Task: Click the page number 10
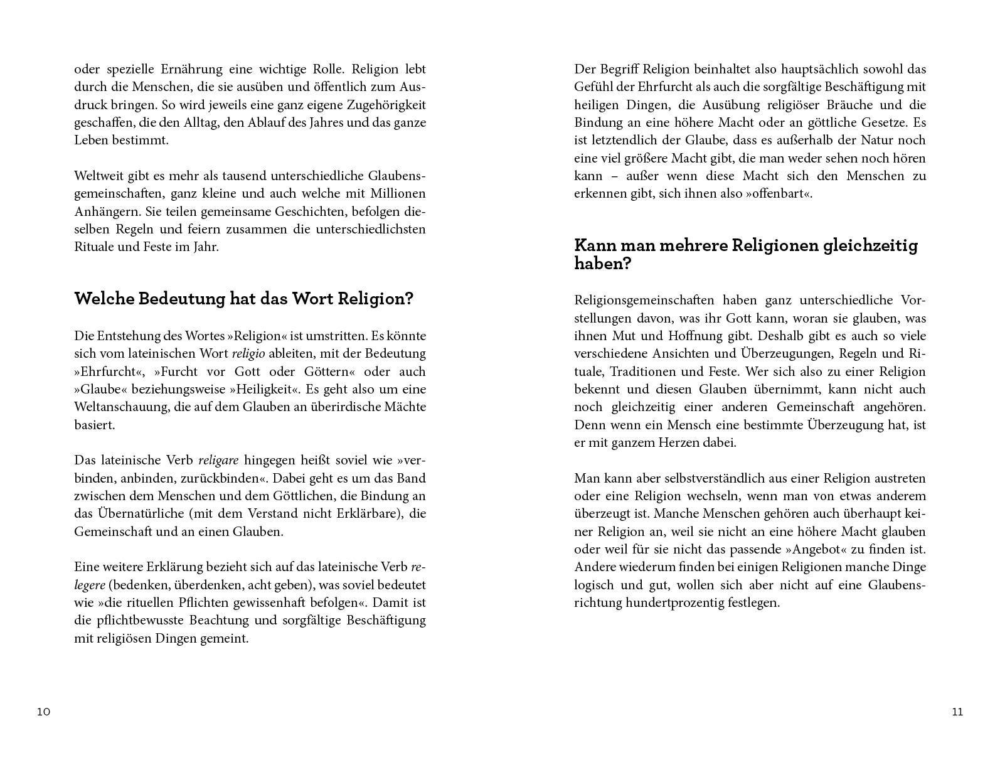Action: tap(43, 712)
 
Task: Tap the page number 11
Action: tap(957, 712)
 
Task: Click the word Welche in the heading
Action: tap(104, 299)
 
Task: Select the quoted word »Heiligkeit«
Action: tap(268, 389)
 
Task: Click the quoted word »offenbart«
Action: tap(779, 193)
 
